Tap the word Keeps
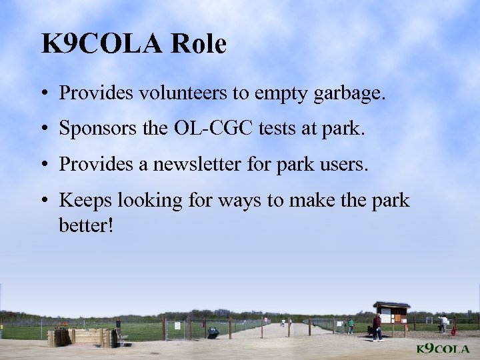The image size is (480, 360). tap(81, 200)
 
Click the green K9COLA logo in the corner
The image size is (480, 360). tap(442, 349)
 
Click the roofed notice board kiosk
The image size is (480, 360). tap(391, 313)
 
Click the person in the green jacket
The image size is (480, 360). tap(351, 325)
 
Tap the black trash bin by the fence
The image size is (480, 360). tap(213, 331)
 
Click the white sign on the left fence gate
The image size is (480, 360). tap(178, 325)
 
